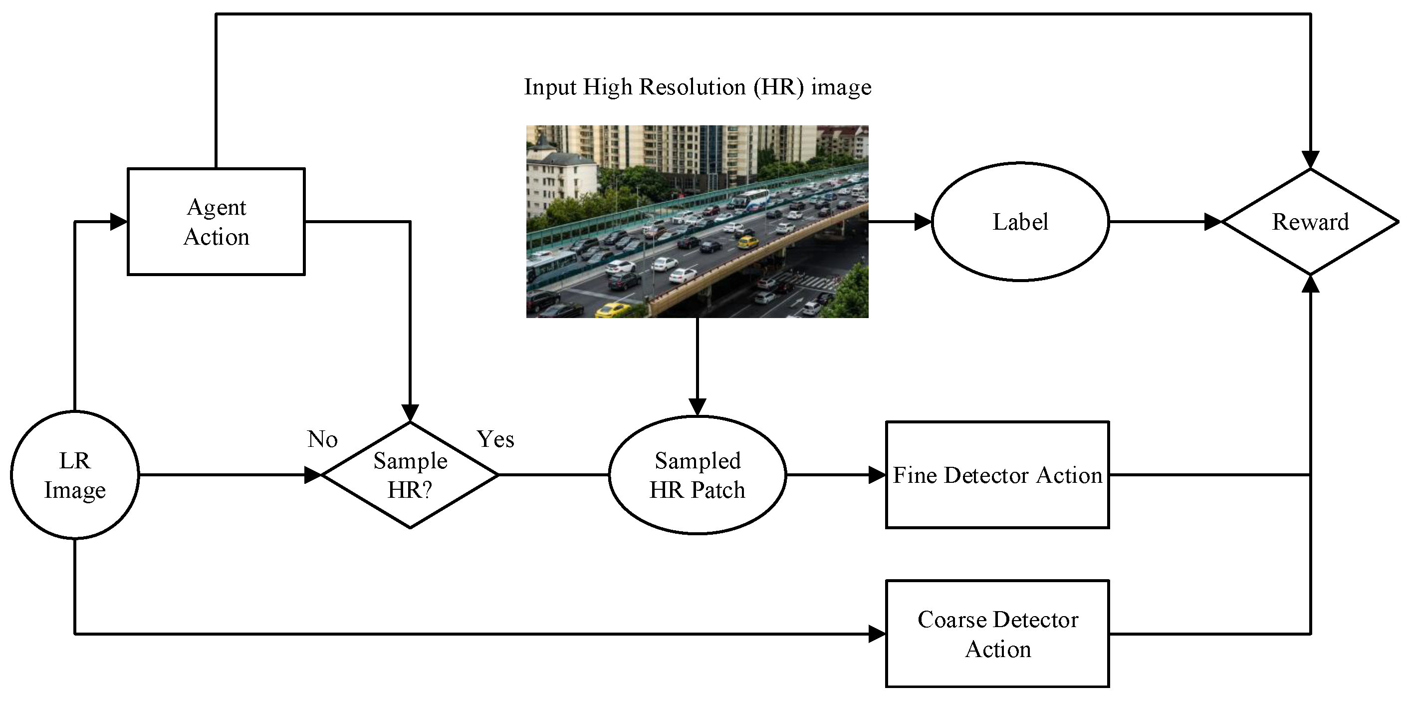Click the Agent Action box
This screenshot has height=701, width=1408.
click(x=216, y=222)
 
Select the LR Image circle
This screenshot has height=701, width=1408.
click(x=75, y=475)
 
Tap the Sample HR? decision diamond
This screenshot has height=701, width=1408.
click(x=410, y=475)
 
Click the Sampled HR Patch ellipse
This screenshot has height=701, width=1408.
click(x=698, y=475)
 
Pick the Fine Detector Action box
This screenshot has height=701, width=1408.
click(x=997, y=475)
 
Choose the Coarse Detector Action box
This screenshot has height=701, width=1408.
click(x=997, y=633)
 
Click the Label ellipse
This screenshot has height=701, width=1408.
click(x=1020, y=222)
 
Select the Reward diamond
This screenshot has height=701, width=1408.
click(x=1310, y=222)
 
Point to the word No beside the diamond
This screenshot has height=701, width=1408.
click(x=322, y=439)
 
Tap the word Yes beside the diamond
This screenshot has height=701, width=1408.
click(x=495, y=439)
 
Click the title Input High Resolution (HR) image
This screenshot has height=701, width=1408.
click(x=698, y=87)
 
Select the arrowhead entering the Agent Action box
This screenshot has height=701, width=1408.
click(x=119, y=222)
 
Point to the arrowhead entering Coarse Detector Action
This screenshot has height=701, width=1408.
click(x=877, y=634)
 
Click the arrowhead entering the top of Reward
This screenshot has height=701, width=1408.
click(x=1310, y=160)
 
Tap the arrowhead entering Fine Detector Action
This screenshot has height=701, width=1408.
click(x=877, y=475)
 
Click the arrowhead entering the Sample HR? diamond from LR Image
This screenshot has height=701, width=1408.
click(x=313, y=475)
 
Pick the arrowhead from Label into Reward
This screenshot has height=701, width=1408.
click(x=1213, y=222)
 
